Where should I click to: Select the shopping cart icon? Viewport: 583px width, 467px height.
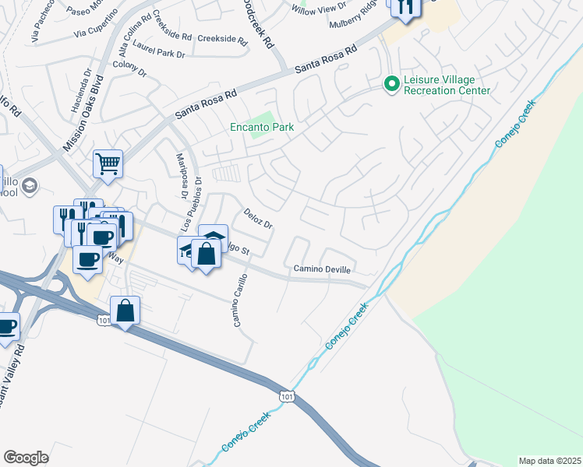(108, 163)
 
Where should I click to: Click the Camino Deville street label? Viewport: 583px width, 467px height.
(323, 269)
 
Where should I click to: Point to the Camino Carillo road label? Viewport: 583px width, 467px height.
(240, 300)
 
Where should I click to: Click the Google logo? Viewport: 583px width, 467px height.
(26, 458)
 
